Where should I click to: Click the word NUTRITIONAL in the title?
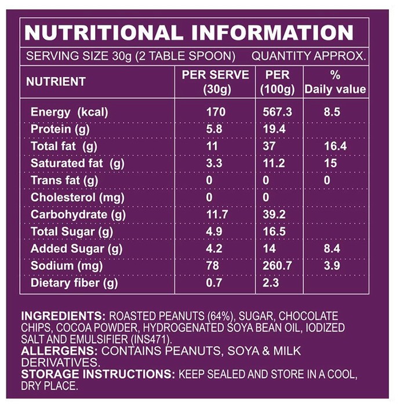104,32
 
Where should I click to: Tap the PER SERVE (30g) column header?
216,82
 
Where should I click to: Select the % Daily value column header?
335,82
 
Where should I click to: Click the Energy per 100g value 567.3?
277,112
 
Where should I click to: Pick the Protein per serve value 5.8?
214,129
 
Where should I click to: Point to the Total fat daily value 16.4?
335,146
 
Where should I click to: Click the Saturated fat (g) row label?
77,164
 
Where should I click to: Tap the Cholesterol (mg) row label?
77,198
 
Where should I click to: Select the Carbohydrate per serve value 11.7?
217,215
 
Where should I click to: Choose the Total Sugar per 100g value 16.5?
274,231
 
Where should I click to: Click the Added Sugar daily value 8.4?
332,249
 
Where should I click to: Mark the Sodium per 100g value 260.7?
277,266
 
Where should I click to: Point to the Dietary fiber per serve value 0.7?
214,283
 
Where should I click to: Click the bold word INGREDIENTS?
63,316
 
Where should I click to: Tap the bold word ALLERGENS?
59,351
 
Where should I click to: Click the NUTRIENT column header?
56,82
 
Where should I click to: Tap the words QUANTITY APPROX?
308,56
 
